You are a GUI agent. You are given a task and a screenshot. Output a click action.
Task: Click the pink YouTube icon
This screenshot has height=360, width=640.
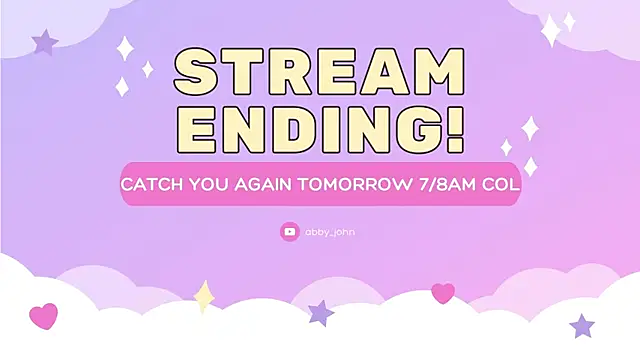coord(290,232)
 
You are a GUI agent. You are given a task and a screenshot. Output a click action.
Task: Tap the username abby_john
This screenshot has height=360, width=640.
coord(330,232)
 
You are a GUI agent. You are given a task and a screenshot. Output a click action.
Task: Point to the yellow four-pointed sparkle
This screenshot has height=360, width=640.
coord(205,296)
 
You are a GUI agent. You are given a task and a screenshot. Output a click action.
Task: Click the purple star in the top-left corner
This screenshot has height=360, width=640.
coord(45,43)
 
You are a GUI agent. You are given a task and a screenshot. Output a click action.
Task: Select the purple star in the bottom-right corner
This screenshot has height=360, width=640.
coord(582,325)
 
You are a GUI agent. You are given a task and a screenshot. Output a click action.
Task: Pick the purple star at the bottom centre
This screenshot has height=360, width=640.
coord(321,313)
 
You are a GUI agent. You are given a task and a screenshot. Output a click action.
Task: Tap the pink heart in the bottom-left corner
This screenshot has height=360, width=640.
coord(44,317)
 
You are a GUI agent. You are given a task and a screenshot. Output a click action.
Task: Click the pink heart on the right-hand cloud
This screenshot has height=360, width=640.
coord(442,293)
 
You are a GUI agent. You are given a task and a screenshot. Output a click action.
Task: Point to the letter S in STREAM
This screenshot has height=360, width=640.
coord(203,73)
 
